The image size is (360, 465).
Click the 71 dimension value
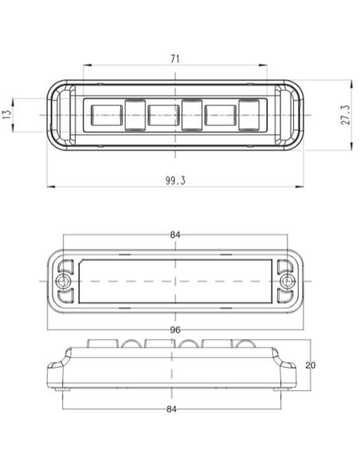(174, 58)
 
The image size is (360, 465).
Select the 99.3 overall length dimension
(174, 181)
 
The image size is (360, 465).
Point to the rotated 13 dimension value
(8, 114)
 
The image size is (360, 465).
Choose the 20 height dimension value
(311, 365)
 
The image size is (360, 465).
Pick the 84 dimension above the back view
(174, 235)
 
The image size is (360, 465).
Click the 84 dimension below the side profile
(174, 408)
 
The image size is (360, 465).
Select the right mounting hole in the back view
(287, 283)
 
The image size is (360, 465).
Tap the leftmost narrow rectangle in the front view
(133, 114)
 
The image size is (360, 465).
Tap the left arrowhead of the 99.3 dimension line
(49, 187)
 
